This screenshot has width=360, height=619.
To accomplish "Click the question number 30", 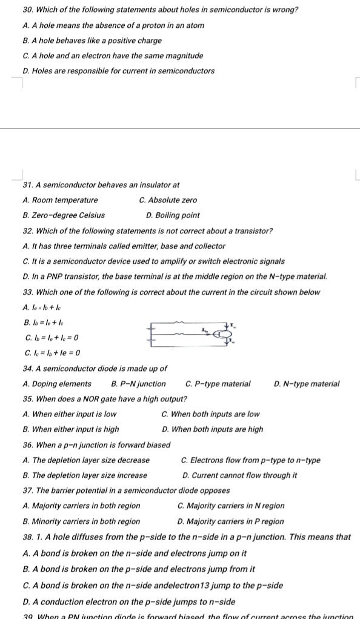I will click(x=27, y=10).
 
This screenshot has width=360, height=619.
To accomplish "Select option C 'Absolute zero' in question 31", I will click(x=168, y=200).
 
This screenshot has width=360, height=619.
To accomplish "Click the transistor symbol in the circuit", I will click(x=225, y=334).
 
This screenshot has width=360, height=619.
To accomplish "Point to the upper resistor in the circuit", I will click(x=180, y=323).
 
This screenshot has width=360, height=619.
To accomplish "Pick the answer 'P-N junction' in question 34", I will click(x=139, y=384).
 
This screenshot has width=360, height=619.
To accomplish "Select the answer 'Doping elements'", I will click(x=57, y=384).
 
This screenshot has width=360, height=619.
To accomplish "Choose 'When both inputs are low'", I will click(x=211, y=414).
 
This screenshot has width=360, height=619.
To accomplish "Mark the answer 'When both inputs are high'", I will click(x=213, y=429).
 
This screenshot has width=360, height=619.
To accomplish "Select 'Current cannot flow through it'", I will click(x=239, y=475).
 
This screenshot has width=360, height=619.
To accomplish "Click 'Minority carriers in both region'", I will click(x=81, y=521).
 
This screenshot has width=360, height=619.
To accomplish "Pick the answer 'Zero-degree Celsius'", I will click(x=63, y=215).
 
